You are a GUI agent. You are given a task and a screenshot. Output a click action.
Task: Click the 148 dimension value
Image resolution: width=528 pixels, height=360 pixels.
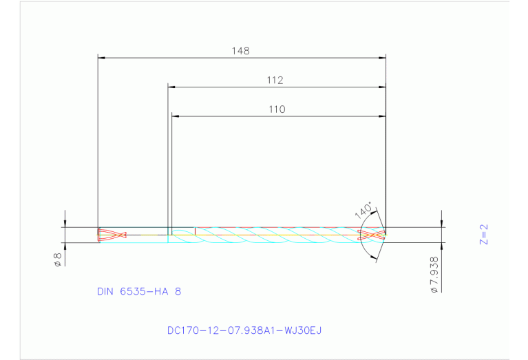(240, 50)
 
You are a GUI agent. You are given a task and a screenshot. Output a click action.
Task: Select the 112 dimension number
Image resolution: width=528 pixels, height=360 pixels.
(275, 80)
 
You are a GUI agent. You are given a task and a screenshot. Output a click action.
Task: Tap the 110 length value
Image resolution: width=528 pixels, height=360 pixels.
(277, 109)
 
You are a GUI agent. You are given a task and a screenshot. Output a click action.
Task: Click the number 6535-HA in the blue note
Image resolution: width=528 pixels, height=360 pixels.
(145, 291)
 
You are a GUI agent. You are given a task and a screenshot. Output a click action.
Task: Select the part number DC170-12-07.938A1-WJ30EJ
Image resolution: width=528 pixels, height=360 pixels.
(244, 330)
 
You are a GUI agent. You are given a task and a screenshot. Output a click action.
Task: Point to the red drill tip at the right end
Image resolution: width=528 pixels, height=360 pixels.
(372, 235)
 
